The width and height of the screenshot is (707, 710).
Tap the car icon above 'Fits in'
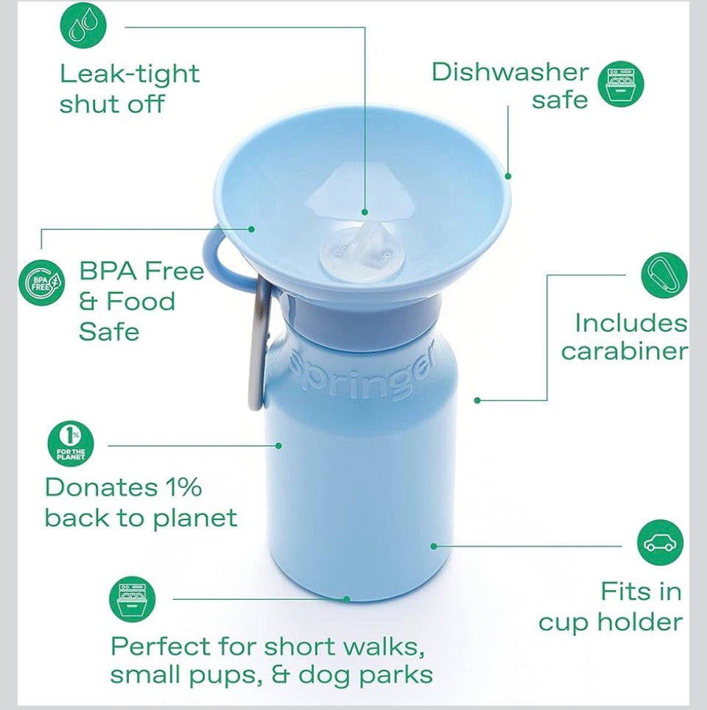click(660, 543)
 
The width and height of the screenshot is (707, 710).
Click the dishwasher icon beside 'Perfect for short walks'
click(133, 599)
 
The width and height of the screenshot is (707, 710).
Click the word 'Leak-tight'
click(130, 74)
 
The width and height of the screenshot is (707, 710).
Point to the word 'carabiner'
click(623, 351)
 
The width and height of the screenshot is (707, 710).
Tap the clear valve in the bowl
click(356, 247)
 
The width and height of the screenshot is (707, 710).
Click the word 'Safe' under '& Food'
click(109, 331)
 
